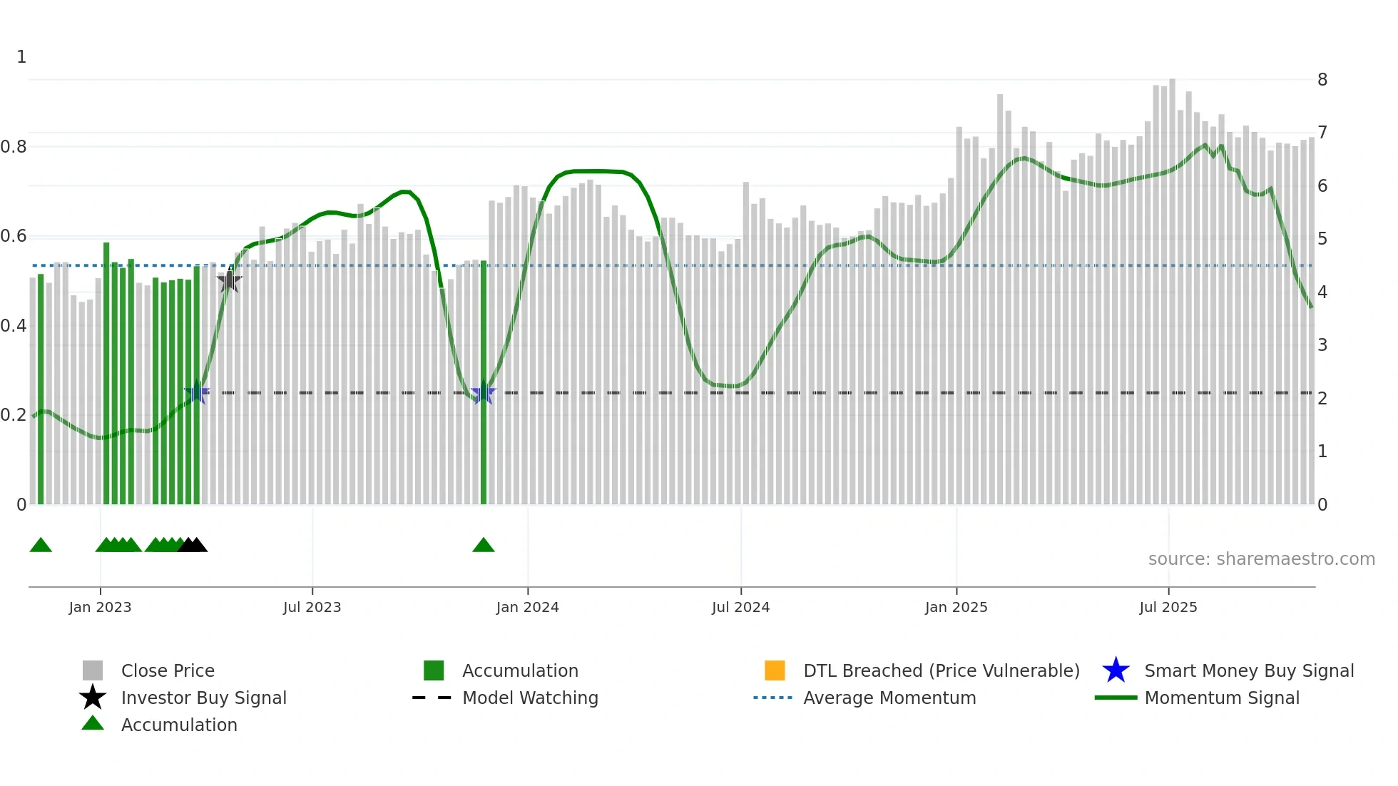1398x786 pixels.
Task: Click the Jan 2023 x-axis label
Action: [100, 607]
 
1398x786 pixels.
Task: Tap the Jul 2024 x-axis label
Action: [740, 607]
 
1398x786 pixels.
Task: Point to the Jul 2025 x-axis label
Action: [1168, 607]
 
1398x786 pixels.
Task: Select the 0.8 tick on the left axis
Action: [14, 147]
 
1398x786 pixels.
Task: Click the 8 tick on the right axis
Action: [1322, 79]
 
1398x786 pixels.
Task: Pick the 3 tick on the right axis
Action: [1322, 345]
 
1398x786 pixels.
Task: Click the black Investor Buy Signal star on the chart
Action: [229, 281]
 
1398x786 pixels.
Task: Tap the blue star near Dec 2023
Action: [483, 392]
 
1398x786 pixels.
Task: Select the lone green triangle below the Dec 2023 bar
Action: [483, 546]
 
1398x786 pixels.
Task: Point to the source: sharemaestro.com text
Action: [1261, 559]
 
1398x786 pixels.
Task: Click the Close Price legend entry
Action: [168, 670]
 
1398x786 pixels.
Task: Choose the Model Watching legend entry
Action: [530, 698]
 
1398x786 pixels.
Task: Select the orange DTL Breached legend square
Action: [774, 670]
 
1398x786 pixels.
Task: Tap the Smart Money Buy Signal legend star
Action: [1116, 670]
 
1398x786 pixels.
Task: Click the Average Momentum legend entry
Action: [889, 698]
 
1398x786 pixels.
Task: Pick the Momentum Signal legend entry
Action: [1221, 698]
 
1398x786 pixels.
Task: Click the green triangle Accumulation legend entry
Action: [178, 725]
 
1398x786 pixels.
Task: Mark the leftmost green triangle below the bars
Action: [41, 546]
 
